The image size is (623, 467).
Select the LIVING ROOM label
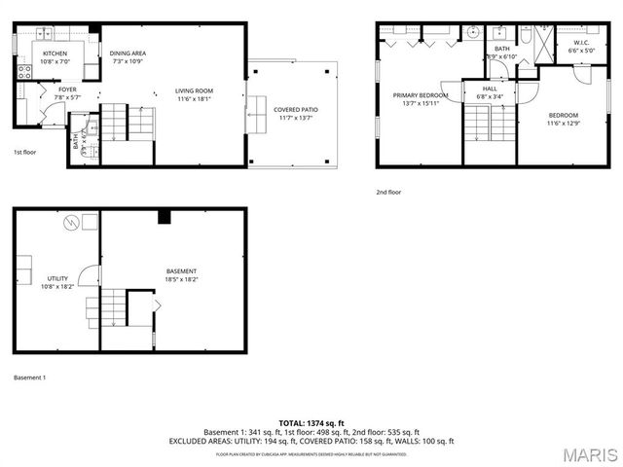[x=194, y=90]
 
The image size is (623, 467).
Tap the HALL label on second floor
[x=489, y=88]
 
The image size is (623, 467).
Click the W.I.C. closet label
[x=581, y=43]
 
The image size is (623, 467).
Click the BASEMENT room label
[x=181, y=270]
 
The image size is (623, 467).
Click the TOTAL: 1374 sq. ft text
[x=311, y=423]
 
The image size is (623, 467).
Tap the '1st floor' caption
[x=24, y=153]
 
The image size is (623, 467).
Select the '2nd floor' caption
[x=388, y=193]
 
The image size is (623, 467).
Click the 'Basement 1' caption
[x=29, y=377]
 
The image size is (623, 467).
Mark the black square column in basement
[x=165, y=216]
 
